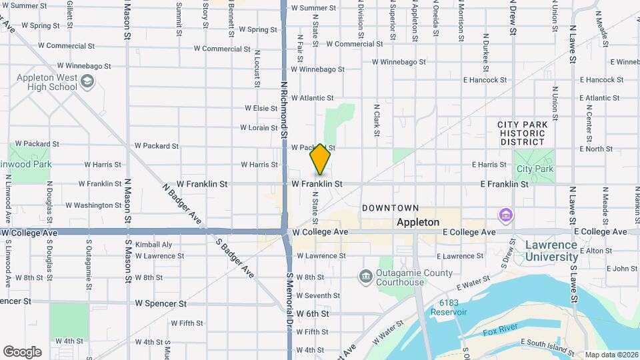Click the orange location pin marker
pyautogui.click(x=320, y=159)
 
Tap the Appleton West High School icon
pyautogui.click(x=87, y=82)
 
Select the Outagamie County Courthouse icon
pyautogui.click(x=365, y=276)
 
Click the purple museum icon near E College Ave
pyautogui.click(x=506, y=215)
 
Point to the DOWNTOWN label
pyautogui.click(x=391, y=209)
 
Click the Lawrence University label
pyautogui.click(x=551, y=251)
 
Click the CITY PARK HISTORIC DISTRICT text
pyautogui.click(x=523, y=133)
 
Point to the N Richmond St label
pyautogui.click(x=283, y=109)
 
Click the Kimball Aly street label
pyautogui.click(x=153, y=245)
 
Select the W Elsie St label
pyautogui.click(x=261, y=108)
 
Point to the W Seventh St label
pyautogui.click(x=318, y=295)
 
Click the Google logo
pyautogui.click(x=22, y=351)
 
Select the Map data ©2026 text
pyautogui.click(x=611, y=355)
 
